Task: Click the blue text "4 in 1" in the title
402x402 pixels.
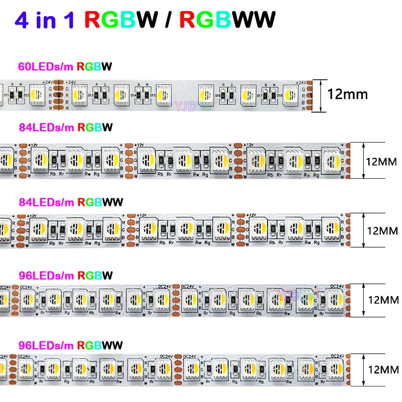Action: click(45, 20)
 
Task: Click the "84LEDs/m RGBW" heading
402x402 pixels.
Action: click(65, 128)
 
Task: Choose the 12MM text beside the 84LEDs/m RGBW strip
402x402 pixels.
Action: click(382, 162)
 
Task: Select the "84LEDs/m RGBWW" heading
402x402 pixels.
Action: click(70, 202)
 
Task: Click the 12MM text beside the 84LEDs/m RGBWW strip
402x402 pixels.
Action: click(382, 231)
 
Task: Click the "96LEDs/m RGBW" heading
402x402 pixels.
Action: click(65, 275)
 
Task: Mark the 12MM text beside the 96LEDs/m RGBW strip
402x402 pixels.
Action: click(382, 300)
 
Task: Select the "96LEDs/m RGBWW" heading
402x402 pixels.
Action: click(70, 346)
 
